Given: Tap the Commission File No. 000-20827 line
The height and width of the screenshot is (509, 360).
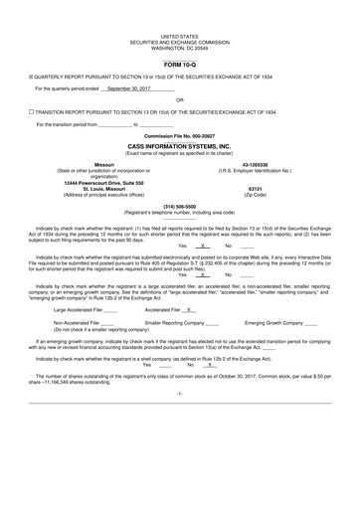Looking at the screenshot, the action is pos(179,135).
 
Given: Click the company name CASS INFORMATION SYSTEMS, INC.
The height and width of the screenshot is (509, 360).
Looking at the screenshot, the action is pos(179,145).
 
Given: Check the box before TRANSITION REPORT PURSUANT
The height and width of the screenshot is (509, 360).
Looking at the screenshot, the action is pos(31,112).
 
